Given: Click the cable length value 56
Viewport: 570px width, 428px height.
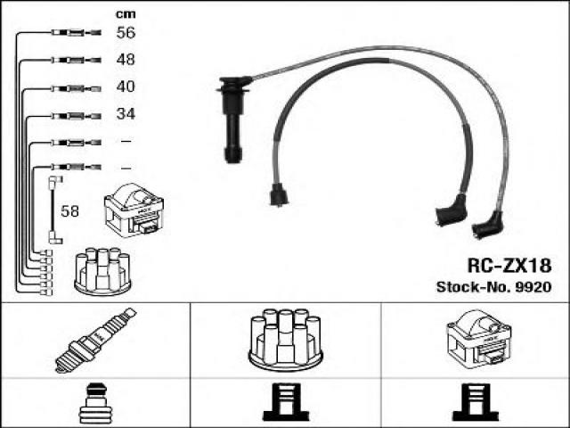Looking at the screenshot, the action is coord(126,32).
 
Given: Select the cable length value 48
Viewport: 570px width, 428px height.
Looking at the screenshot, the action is coord(126,60).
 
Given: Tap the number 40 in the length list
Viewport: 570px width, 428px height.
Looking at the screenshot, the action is coord(126,86).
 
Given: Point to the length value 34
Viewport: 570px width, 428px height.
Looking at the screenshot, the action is coord(126,114).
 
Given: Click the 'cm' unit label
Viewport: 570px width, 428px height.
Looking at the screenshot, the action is coord(126,14).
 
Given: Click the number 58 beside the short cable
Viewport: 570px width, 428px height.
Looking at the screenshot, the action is coord(69,211).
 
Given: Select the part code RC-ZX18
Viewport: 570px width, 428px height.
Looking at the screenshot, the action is coord(509,266).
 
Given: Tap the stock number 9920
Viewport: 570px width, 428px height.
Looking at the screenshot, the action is coord(533,287).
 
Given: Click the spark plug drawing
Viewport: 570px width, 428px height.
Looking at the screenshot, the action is coord(95,340).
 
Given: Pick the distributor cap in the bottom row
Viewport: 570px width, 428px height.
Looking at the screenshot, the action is coord(285,340).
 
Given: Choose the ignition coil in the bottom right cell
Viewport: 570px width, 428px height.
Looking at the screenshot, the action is coord(479,337).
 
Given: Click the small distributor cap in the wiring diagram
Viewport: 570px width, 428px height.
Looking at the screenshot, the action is coord(102,271).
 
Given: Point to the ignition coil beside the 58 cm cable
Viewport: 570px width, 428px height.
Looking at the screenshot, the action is coord(134,210).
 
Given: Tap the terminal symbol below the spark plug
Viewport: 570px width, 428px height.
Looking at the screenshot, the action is coord(93,404).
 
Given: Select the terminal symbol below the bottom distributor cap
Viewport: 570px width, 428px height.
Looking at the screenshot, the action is coord(286,402).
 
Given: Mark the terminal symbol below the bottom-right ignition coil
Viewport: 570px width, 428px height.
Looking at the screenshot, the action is coord(476,402).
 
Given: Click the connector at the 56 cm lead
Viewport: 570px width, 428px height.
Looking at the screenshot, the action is coord(76,33).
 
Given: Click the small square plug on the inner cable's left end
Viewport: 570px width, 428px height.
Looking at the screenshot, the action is coord(279,194).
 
